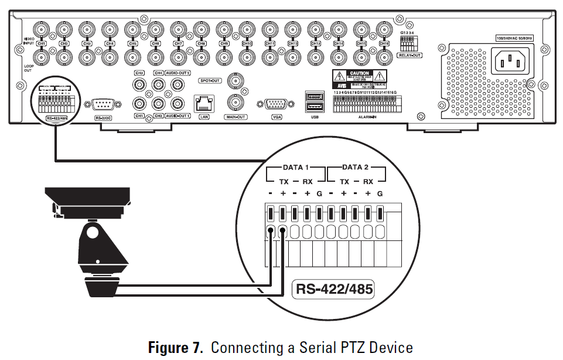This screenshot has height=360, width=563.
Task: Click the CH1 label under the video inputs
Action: pos(42,44)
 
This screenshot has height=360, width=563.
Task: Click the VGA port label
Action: pos(277,117)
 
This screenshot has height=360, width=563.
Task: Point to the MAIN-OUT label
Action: pos(237,117)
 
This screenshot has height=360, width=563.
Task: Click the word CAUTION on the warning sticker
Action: pos(359,73)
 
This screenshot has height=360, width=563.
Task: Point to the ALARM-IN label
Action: pos(366,117)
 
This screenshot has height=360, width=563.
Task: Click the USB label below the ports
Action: pos(315,117)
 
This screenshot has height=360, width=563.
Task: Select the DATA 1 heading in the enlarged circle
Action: pos(295,168)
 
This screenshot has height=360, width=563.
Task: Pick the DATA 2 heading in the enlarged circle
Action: pos(356,168)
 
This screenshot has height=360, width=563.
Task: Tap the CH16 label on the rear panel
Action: pos(384,44)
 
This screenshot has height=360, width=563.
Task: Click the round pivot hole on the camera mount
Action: pos(92,232)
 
